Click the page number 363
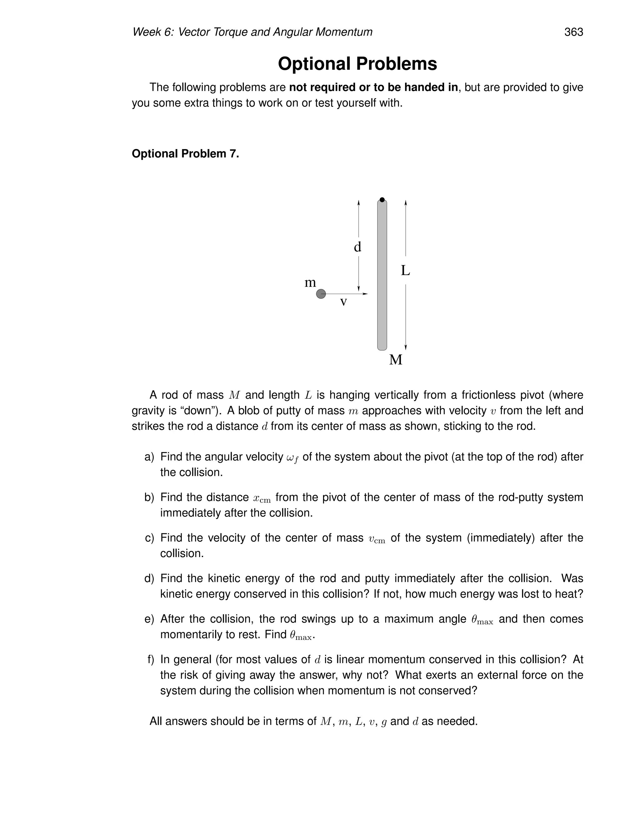click(573, 32)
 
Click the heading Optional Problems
click(357, 64)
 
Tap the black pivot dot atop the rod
click(382, 200)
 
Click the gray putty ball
click(321, 294)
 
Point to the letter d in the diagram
click(357, 247)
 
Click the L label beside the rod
click(405, 271)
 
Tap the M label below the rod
click(395, 359)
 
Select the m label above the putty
click(310, 282)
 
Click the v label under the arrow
click(343, 302)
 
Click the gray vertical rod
click(382, 275)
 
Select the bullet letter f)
click(151, 660)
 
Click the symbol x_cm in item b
click(262, 498)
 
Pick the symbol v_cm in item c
click(377, 539)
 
